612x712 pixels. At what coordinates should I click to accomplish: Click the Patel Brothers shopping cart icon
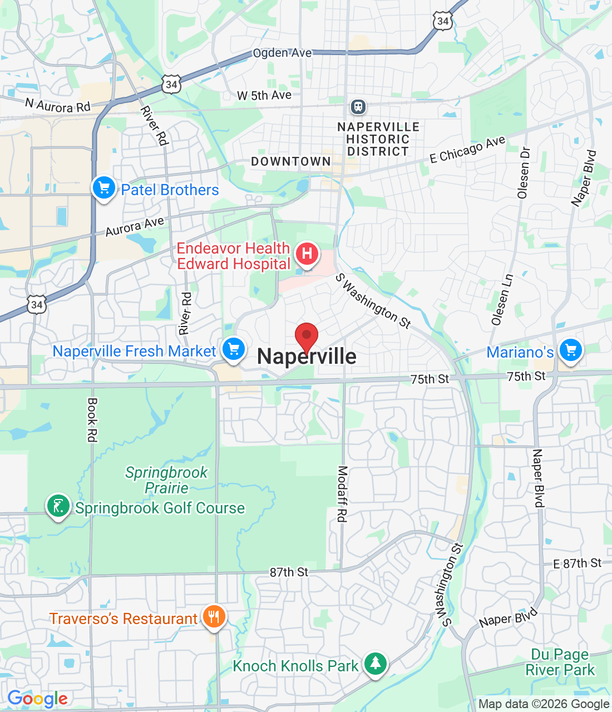click(104, 187)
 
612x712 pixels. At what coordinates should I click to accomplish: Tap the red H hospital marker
click(307, 254)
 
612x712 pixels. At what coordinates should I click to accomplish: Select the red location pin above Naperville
click(306, 337)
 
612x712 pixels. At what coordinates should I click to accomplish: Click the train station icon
click(358, 106)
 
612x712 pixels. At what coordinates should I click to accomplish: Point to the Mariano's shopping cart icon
click(571, 350)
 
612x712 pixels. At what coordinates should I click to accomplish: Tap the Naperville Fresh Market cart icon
click(234, 349)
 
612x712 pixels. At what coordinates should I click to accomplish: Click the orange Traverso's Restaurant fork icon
click(214, 616)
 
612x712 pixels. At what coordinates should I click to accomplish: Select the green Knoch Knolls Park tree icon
click(376, 663)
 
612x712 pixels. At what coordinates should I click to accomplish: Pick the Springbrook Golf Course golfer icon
click(58, 506)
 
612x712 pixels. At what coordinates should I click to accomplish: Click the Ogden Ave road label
click(282, 53)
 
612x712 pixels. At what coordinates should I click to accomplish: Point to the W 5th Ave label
click(264, 96)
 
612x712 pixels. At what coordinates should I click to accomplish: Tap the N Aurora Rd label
click(58, 105)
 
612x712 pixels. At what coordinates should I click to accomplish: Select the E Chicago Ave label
click(467, 149)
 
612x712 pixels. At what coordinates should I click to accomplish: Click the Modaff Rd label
click(342, 494)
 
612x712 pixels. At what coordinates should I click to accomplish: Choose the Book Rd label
click(92, 420)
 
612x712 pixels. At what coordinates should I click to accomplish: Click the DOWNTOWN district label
click(291, 161)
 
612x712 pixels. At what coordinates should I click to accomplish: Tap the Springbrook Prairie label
click(166, 480)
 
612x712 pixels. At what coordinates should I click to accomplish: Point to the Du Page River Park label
click(560, 662)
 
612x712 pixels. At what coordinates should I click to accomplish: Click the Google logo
click(37, 699)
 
